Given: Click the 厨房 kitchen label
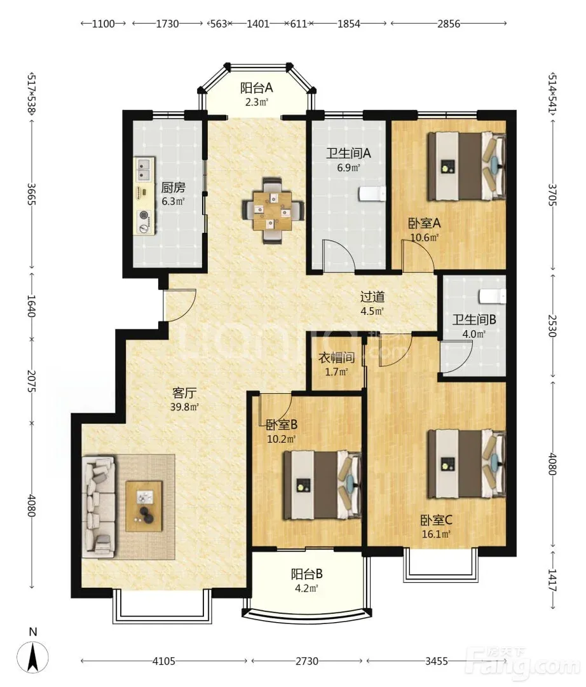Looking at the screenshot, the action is [173, 188].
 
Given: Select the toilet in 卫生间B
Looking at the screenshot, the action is [493, 296].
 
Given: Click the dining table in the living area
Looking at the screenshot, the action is [273, 211].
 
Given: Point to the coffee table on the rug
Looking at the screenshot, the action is [144, 506].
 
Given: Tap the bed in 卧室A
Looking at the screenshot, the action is [466, 167].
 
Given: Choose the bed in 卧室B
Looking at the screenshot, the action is [322, 485].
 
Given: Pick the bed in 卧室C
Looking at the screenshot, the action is [466, 464].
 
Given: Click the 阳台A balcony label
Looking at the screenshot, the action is [257, 88].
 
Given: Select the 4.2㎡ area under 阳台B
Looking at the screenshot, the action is [306, 588].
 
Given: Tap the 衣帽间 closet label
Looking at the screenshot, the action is [337, 358].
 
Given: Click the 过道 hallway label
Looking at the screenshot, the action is [372, 297].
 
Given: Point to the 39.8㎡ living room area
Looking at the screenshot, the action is [185, 406].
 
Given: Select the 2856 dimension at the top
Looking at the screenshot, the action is [449, 24].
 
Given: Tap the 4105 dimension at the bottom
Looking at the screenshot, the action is [164, 661].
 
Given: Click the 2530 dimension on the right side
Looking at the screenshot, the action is [553, 326].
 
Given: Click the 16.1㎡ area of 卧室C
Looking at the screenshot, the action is [437, 534].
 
